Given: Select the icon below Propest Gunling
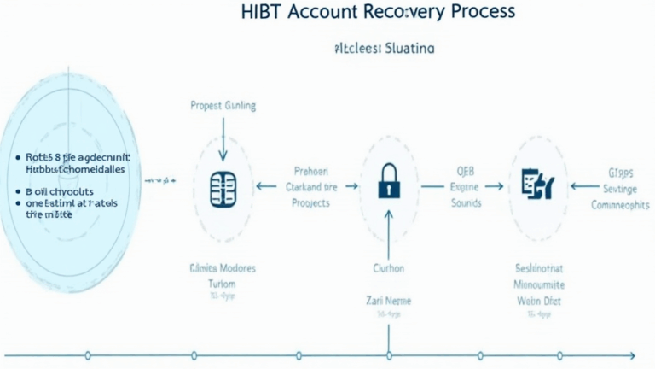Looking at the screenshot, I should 223,185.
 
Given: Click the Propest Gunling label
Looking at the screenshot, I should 223,106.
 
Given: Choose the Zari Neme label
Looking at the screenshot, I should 388,301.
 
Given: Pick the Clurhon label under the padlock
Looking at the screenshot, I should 388,267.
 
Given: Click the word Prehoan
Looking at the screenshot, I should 310,170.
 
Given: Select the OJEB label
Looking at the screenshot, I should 464,169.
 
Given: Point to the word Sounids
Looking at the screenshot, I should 465,203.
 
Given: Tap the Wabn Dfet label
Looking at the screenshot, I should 536,300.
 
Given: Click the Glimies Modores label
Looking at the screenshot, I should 222,267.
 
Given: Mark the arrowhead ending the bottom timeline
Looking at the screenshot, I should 630,354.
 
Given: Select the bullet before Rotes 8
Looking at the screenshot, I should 18,158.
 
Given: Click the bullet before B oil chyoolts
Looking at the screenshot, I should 18,194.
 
